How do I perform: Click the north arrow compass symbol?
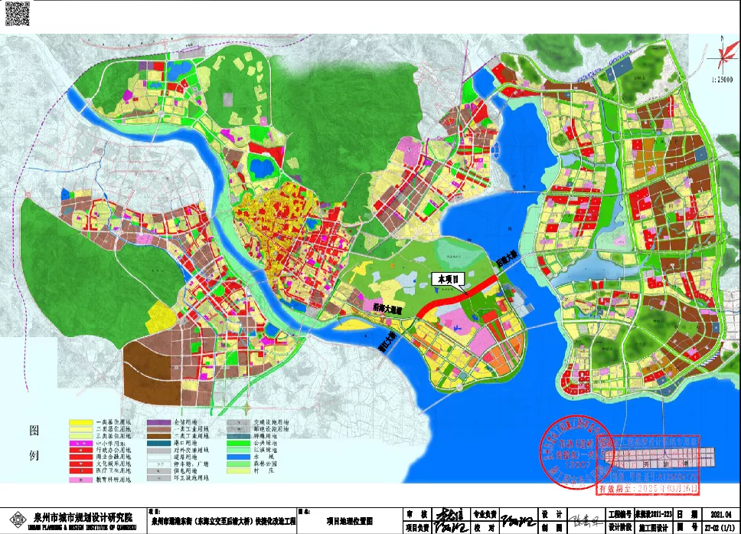point(721,55)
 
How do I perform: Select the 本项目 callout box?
point(448,280)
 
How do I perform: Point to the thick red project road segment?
point(452,300)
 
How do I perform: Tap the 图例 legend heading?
point(34,441)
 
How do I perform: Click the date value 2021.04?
point(721,515)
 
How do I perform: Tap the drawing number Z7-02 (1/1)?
point(721,527)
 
